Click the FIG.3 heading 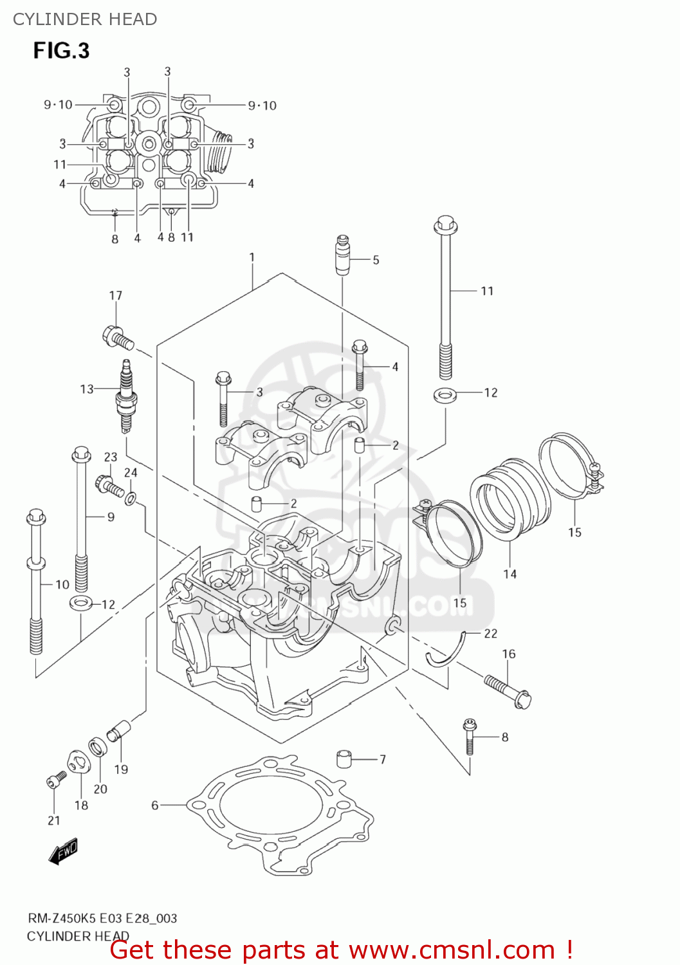(x=61, y=51)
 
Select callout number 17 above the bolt (x=115, y=295)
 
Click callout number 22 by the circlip (x=491, y=634)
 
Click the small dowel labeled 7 (x=346, y=758)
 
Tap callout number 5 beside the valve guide (x=376, y=260)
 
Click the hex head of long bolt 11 (x=445, y=226)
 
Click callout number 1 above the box (x=252, y=257)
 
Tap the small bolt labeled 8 (x=470, y=736)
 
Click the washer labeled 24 (x=131, y=497)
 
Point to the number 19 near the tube (x=121, y=769)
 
